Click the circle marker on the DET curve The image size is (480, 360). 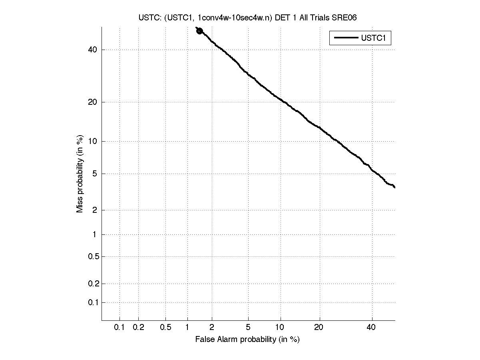tap(199, 31)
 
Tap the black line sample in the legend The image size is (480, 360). tap(346, 38)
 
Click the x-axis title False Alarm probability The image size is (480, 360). tap(247, 340)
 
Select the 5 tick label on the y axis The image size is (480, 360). tap(95, 174)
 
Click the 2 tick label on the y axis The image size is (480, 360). tap(95, 210)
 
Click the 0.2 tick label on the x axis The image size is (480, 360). tap(138, 328)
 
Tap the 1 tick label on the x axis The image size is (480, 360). tap(187, 328)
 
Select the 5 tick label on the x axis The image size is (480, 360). tap(248, 328)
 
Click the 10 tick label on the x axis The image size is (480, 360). tap(281, 328)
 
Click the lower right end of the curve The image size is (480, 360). tap(394, 187)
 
